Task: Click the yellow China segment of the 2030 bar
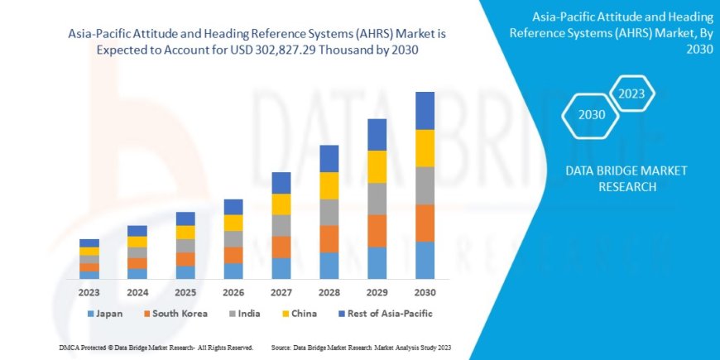[x=425, y=148]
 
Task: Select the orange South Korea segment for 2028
[x=329, y=238]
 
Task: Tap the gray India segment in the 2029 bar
[x=377, y=199]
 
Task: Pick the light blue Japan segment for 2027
[x=281, y=267]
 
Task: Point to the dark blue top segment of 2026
[x=233, y=207]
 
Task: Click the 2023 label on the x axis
[x=89, y=292]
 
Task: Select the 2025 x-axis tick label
[x=185, y=292]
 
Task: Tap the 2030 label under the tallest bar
[x=425, y=292]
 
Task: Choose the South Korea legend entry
[x=174, y=314]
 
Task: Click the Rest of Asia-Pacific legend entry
[x=384, y=314]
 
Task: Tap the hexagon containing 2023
[x=632, y=93]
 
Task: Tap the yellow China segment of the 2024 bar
[x=137, y=242]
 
